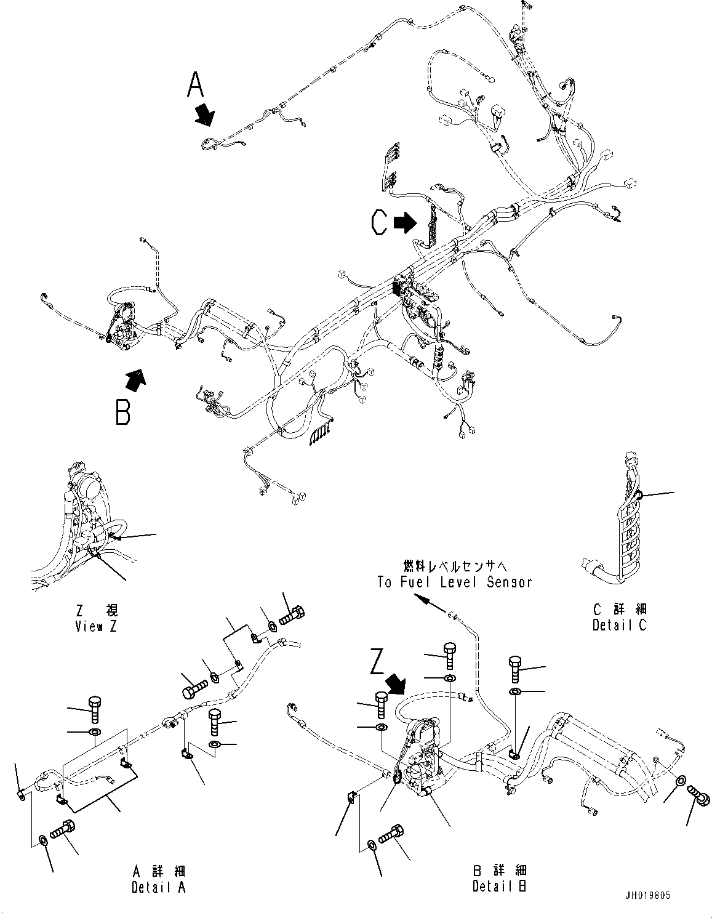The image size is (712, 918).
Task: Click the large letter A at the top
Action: (x=195, y=85)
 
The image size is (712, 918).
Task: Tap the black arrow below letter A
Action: (x=204, y=115)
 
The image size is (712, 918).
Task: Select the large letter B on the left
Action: (x=123, y=412)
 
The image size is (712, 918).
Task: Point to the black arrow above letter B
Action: (x=135, y=380)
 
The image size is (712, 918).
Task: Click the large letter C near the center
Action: (x=379, y=222)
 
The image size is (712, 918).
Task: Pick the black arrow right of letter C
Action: (x=405, y=223)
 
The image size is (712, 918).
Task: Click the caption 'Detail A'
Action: (x=158, y=887)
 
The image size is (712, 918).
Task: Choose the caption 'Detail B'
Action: (x=499, y=887)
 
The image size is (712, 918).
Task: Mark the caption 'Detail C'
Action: (x=619, y=625)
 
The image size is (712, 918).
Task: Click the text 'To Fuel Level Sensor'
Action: (x=454, y=582)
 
